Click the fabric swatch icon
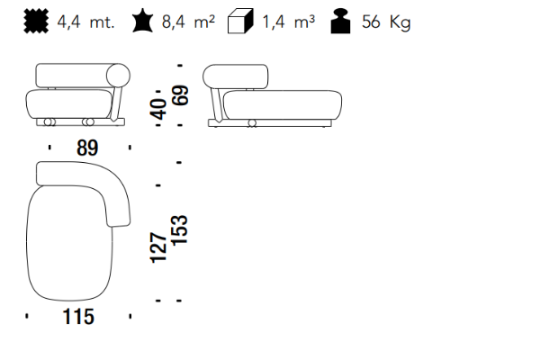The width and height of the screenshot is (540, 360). tap(36, 22)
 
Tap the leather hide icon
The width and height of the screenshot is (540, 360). tap(142, 22)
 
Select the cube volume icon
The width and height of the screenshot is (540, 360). tap(240, 22)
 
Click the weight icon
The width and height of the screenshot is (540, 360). tap(340, 22)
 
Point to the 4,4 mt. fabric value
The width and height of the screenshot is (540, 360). tap(85, 22)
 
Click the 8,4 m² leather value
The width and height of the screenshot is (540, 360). tap(188, 22)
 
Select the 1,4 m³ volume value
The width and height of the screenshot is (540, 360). tap(289, 22)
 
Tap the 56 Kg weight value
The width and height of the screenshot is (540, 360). tap(386, 22)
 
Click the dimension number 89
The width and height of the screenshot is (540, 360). tap(87, 148)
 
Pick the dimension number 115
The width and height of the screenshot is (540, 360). tap(78, 317)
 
